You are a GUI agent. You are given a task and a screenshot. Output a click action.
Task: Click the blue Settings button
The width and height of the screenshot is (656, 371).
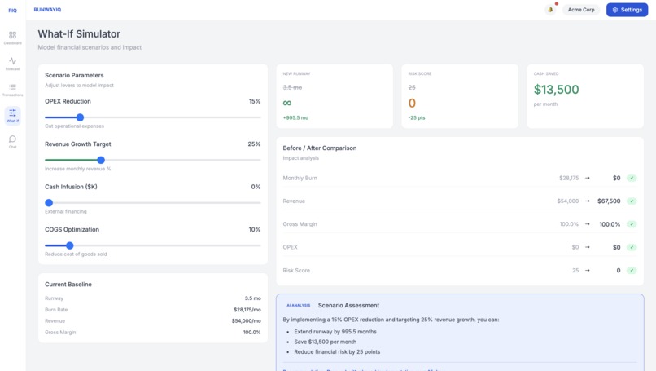click(x=627, y=10)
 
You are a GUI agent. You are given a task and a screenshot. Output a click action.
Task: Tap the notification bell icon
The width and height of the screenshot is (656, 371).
click(x=550, y=10)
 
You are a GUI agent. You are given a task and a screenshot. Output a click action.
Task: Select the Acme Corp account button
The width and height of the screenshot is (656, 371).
click(x=581, y=10)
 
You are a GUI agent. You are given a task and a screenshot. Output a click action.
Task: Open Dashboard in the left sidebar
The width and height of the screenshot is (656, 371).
click(x=12, y=38)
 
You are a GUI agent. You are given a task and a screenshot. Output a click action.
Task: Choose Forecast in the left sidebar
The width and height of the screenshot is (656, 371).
click(x=12, y=64)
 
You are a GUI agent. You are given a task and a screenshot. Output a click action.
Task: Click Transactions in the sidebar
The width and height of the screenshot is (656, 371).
click(x=12, y=90)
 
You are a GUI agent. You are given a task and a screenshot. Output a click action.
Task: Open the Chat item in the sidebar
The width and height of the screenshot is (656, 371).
click(x=12, y=142)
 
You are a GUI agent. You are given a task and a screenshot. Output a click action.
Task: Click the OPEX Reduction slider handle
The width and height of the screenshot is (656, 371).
click(x=80, y=117)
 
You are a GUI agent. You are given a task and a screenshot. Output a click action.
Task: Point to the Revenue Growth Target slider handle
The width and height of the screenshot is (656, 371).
click(x=101, y=160)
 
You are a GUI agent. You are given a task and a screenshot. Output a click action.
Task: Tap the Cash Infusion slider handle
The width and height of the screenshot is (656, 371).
click(x=49, y=202)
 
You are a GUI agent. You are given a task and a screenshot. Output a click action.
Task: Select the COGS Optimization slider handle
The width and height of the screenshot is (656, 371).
click(x=70, y=245)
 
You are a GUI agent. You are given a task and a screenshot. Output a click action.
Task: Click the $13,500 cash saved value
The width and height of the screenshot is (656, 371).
click(x=557, y=90)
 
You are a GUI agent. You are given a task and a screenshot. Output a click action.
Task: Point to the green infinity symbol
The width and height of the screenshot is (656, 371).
click(x=287, y=103)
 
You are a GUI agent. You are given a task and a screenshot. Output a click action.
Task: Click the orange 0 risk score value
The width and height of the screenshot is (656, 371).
click(x=412, y=103)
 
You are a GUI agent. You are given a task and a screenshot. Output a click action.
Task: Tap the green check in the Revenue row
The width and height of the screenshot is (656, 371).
click(x=632, y=201)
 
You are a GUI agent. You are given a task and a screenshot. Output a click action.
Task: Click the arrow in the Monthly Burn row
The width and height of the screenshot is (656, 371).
click(x=588, y=178)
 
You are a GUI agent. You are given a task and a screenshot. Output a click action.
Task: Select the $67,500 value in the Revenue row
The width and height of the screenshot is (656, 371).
click(x=609, y=201)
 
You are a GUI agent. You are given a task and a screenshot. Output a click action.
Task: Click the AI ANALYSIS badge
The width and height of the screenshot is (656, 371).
click(x=298, y=305)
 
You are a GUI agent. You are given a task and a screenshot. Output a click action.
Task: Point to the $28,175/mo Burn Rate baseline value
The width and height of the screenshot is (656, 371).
click(x=244, y=310)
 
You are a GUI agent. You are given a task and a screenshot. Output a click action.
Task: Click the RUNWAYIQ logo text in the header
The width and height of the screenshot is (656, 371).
click(x=47, y=10)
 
